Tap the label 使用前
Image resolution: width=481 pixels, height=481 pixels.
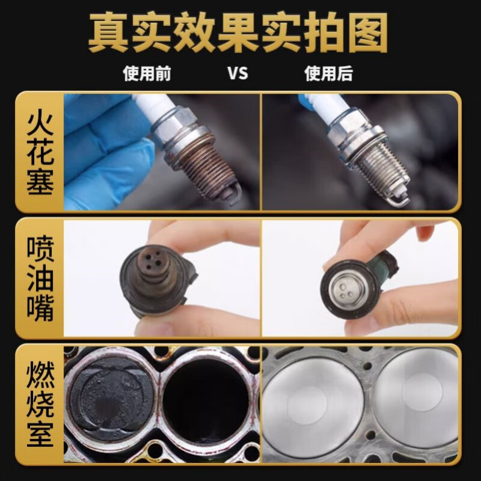(x=147, y=74)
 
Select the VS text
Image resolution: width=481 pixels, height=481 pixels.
(x=237, y=74)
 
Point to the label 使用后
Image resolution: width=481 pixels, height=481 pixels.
(x=328, y=74)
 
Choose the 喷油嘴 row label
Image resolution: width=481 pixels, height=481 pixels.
(x=39, y=278)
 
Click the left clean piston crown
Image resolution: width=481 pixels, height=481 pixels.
(x=313, y=406)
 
